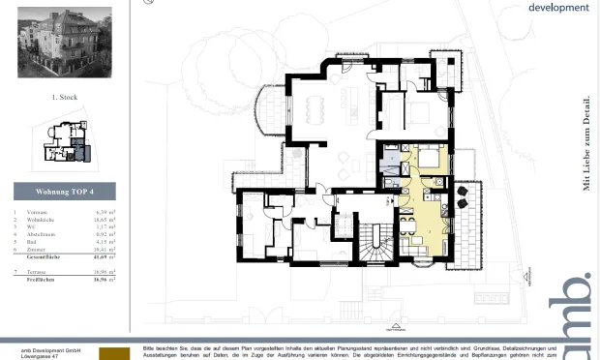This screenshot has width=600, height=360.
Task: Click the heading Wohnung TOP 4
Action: pos(64,190)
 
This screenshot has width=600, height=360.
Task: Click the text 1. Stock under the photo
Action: pos(65,98)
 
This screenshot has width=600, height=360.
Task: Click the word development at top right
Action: pos(558,7)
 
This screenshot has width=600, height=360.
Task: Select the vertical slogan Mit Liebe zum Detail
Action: pos(586,141)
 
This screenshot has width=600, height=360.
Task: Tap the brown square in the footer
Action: pos(114,353)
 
